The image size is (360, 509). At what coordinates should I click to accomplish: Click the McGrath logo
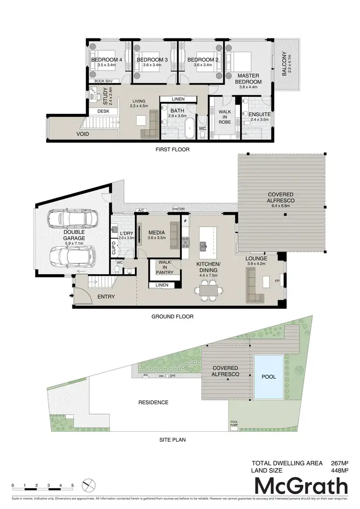300,486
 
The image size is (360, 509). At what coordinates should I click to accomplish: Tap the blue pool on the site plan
269,377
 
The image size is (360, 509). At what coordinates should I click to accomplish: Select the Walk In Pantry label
165,267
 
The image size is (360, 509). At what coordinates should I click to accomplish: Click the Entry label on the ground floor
106,297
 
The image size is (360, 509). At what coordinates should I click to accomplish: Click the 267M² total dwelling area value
339,463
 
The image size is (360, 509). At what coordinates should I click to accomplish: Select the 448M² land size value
339,471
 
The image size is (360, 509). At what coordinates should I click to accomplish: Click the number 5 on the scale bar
72,486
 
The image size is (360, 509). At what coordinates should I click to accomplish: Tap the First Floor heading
172,149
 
